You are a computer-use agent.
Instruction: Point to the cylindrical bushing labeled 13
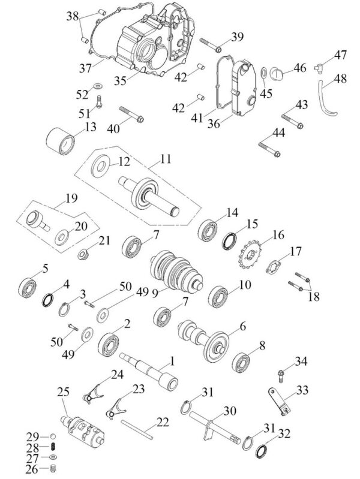tap(61, 141)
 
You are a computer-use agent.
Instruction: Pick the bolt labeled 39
tap(211, 45)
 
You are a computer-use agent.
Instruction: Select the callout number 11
tap(166, 159)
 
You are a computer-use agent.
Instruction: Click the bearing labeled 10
tap(219, 296)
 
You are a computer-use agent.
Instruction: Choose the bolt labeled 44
tap(269, 150)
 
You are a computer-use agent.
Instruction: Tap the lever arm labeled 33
tap(280, 402)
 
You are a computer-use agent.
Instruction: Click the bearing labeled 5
tap(28, 287)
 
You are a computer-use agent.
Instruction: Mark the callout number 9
tap(155, 294)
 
